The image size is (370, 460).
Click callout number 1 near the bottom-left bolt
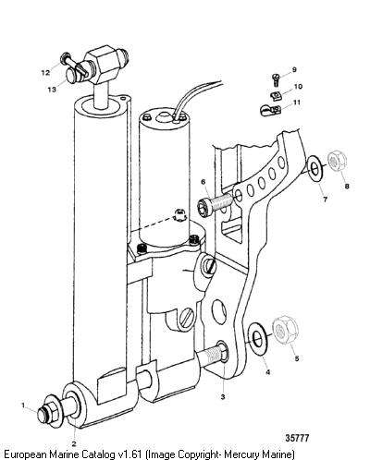tap(23, 406)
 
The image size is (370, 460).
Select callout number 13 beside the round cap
tap(52, 90)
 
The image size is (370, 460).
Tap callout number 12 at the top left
tap(45, 73)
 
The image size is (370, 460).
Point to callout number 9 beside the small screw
tap(294, 69)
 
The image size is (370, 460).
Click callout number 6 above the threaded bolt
tap(203, 182)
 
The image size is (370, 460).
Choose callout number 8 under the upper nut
tap(347, 186)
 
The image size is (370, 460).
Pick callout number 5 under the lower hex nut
tap(297, 358)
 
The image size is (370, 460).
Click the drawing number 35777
tap(297, 438)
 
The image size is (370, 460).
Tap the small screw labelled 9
tap(276, 79)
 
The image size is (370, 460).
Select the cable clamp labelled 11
tap(269, 110)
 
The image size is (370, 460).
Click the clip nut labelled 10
tap(276, 96)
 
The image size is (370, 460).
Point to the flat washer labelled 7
tap(314, 168)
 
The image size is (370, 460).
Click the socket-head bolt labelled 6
tap(215, 204)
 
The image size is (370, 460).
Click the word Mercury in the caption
tap(241, 454)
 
